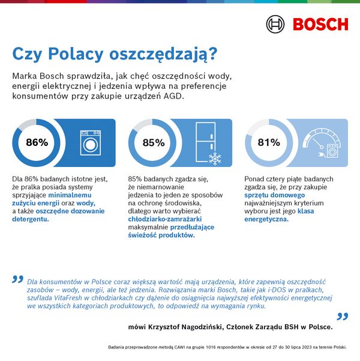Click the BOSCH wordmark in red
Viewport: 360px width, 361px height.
click(320, 25)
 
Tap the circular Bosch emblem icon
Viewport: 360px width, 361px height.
click(276, 25)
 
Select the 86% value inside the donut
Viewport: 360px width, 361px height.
click(37, 142)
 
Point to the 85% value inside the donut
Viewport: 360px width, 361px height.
click(153, 143)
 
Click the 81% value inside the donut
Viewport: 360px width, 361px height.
click(269, 142)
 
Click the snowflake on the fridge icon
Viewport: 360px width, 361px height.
click(214, 159)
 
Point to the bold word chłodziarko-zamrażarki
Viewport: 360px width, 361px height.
click(161, 219)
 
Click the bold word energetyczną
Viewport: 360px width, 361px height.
click(266, 219)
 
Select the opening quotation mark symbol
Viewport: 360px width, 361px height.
click(18, 280)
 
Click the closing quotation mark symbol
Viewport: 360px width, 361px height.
click(342, 316)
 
